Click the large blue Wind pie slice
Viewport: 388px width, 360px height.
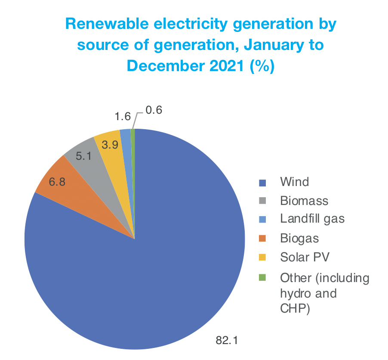[x=163, y=258]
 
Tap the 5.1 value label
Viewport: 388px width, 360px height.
[x=84, y=156]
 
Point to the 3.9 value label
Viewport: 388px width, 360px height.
[x=110, y=145]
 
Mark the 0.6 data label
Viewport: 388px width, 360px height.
[x=154, y=110]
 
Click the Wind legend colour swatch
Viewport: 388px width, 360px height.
[x=262, y=183]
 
